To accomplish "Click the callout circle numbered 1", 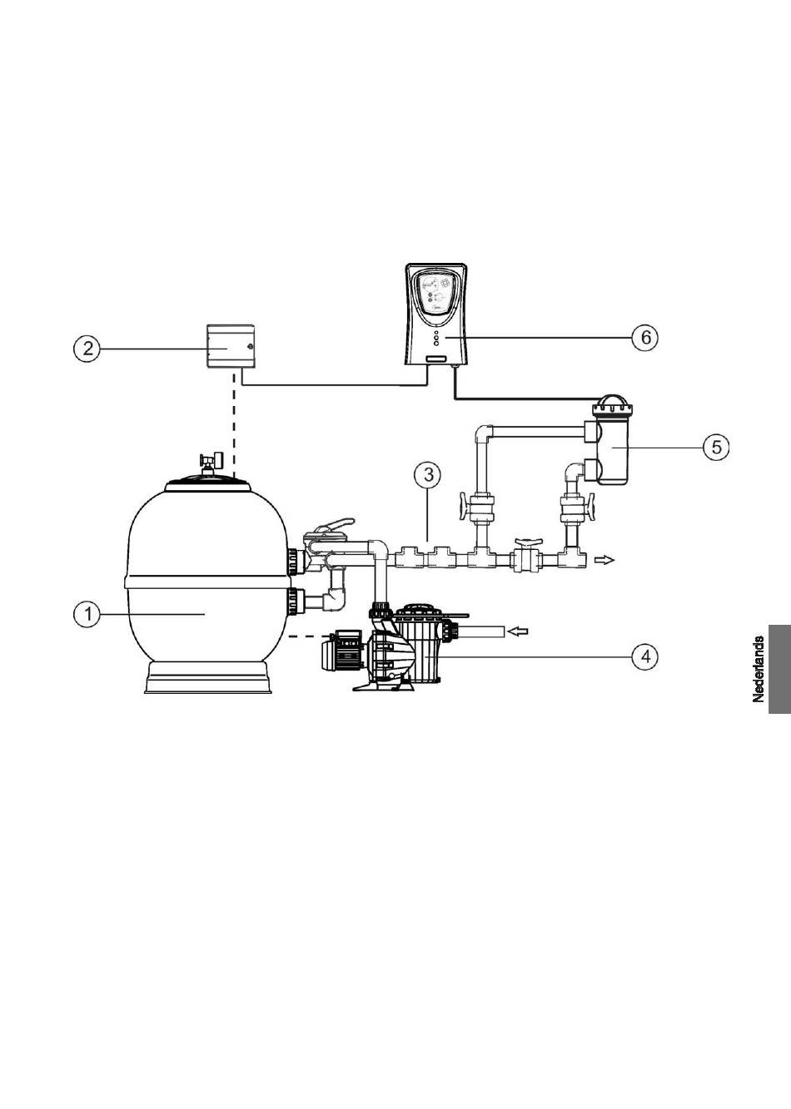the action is (x=87, y=615).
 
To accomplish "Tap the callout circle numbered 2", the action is (x=87, y=349).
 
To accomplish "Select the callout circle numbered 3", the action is (x=428, y=475).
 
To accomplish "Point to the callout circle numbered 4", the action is (x=645, y=657).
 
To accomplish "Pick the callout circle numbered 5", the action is (x=717, y=447).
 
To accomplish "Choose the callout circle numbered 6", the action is (x=645, y=337).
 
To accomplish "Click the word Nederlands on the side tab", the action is (x=759, y=669).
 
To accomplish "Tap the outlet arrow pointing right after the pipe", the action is (x=604, y=560).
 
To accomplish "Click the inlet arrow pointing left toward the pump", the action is (x=519, y=631).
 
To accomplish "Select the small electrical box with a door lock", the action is (x=231, y=347).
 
